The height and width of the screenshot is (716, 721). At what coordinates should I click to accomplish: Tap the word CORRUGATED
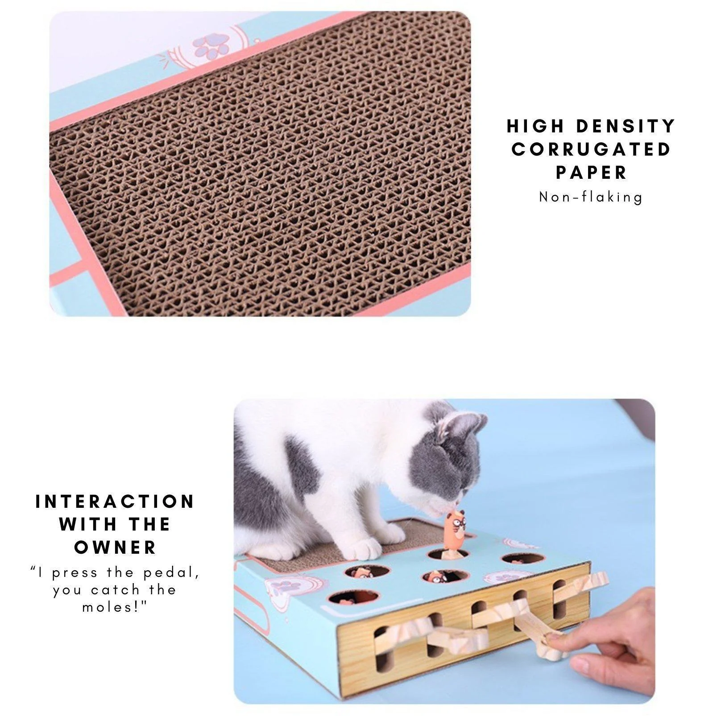click(x=592, y=149)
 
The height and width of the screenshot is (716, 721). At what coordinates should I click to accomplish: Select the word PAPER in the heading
click(x=592, y=173)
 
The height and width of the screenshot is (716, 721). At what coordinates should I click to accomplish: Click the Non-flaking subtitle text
click(x=591, y=197)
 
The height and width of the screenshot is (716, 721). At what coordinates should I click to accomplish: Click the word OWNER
click(x=115, y=547)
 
